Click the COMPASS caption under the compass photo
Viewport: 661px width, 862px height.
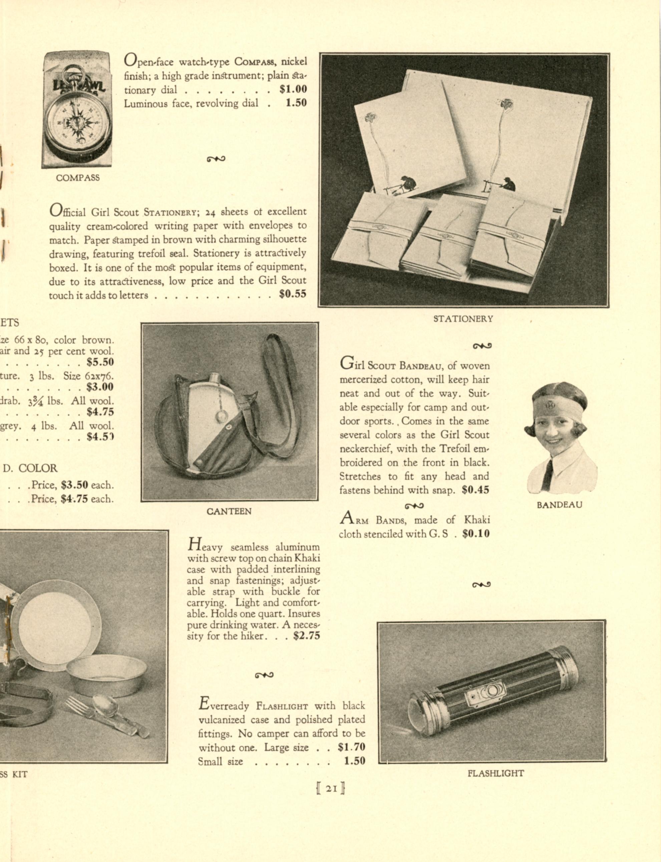(77, 178)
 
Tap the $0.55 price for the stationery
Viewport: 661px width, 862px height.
(292, 294)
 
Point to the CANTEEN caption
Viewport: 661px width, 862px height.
(229, 511)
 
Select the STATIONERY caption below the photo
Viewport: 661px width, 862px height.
(463, 319)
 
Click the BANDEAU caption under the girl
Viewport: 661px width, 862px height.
(559, 505)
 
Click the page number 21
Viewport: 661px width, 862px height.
(331, 788)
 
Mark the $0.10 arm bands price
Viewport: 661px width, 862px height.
(476, 534)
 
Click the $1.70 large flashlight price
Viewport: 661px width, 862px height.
(351, 747)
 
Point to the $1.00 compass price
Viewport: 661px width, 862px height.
(293, 89)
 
